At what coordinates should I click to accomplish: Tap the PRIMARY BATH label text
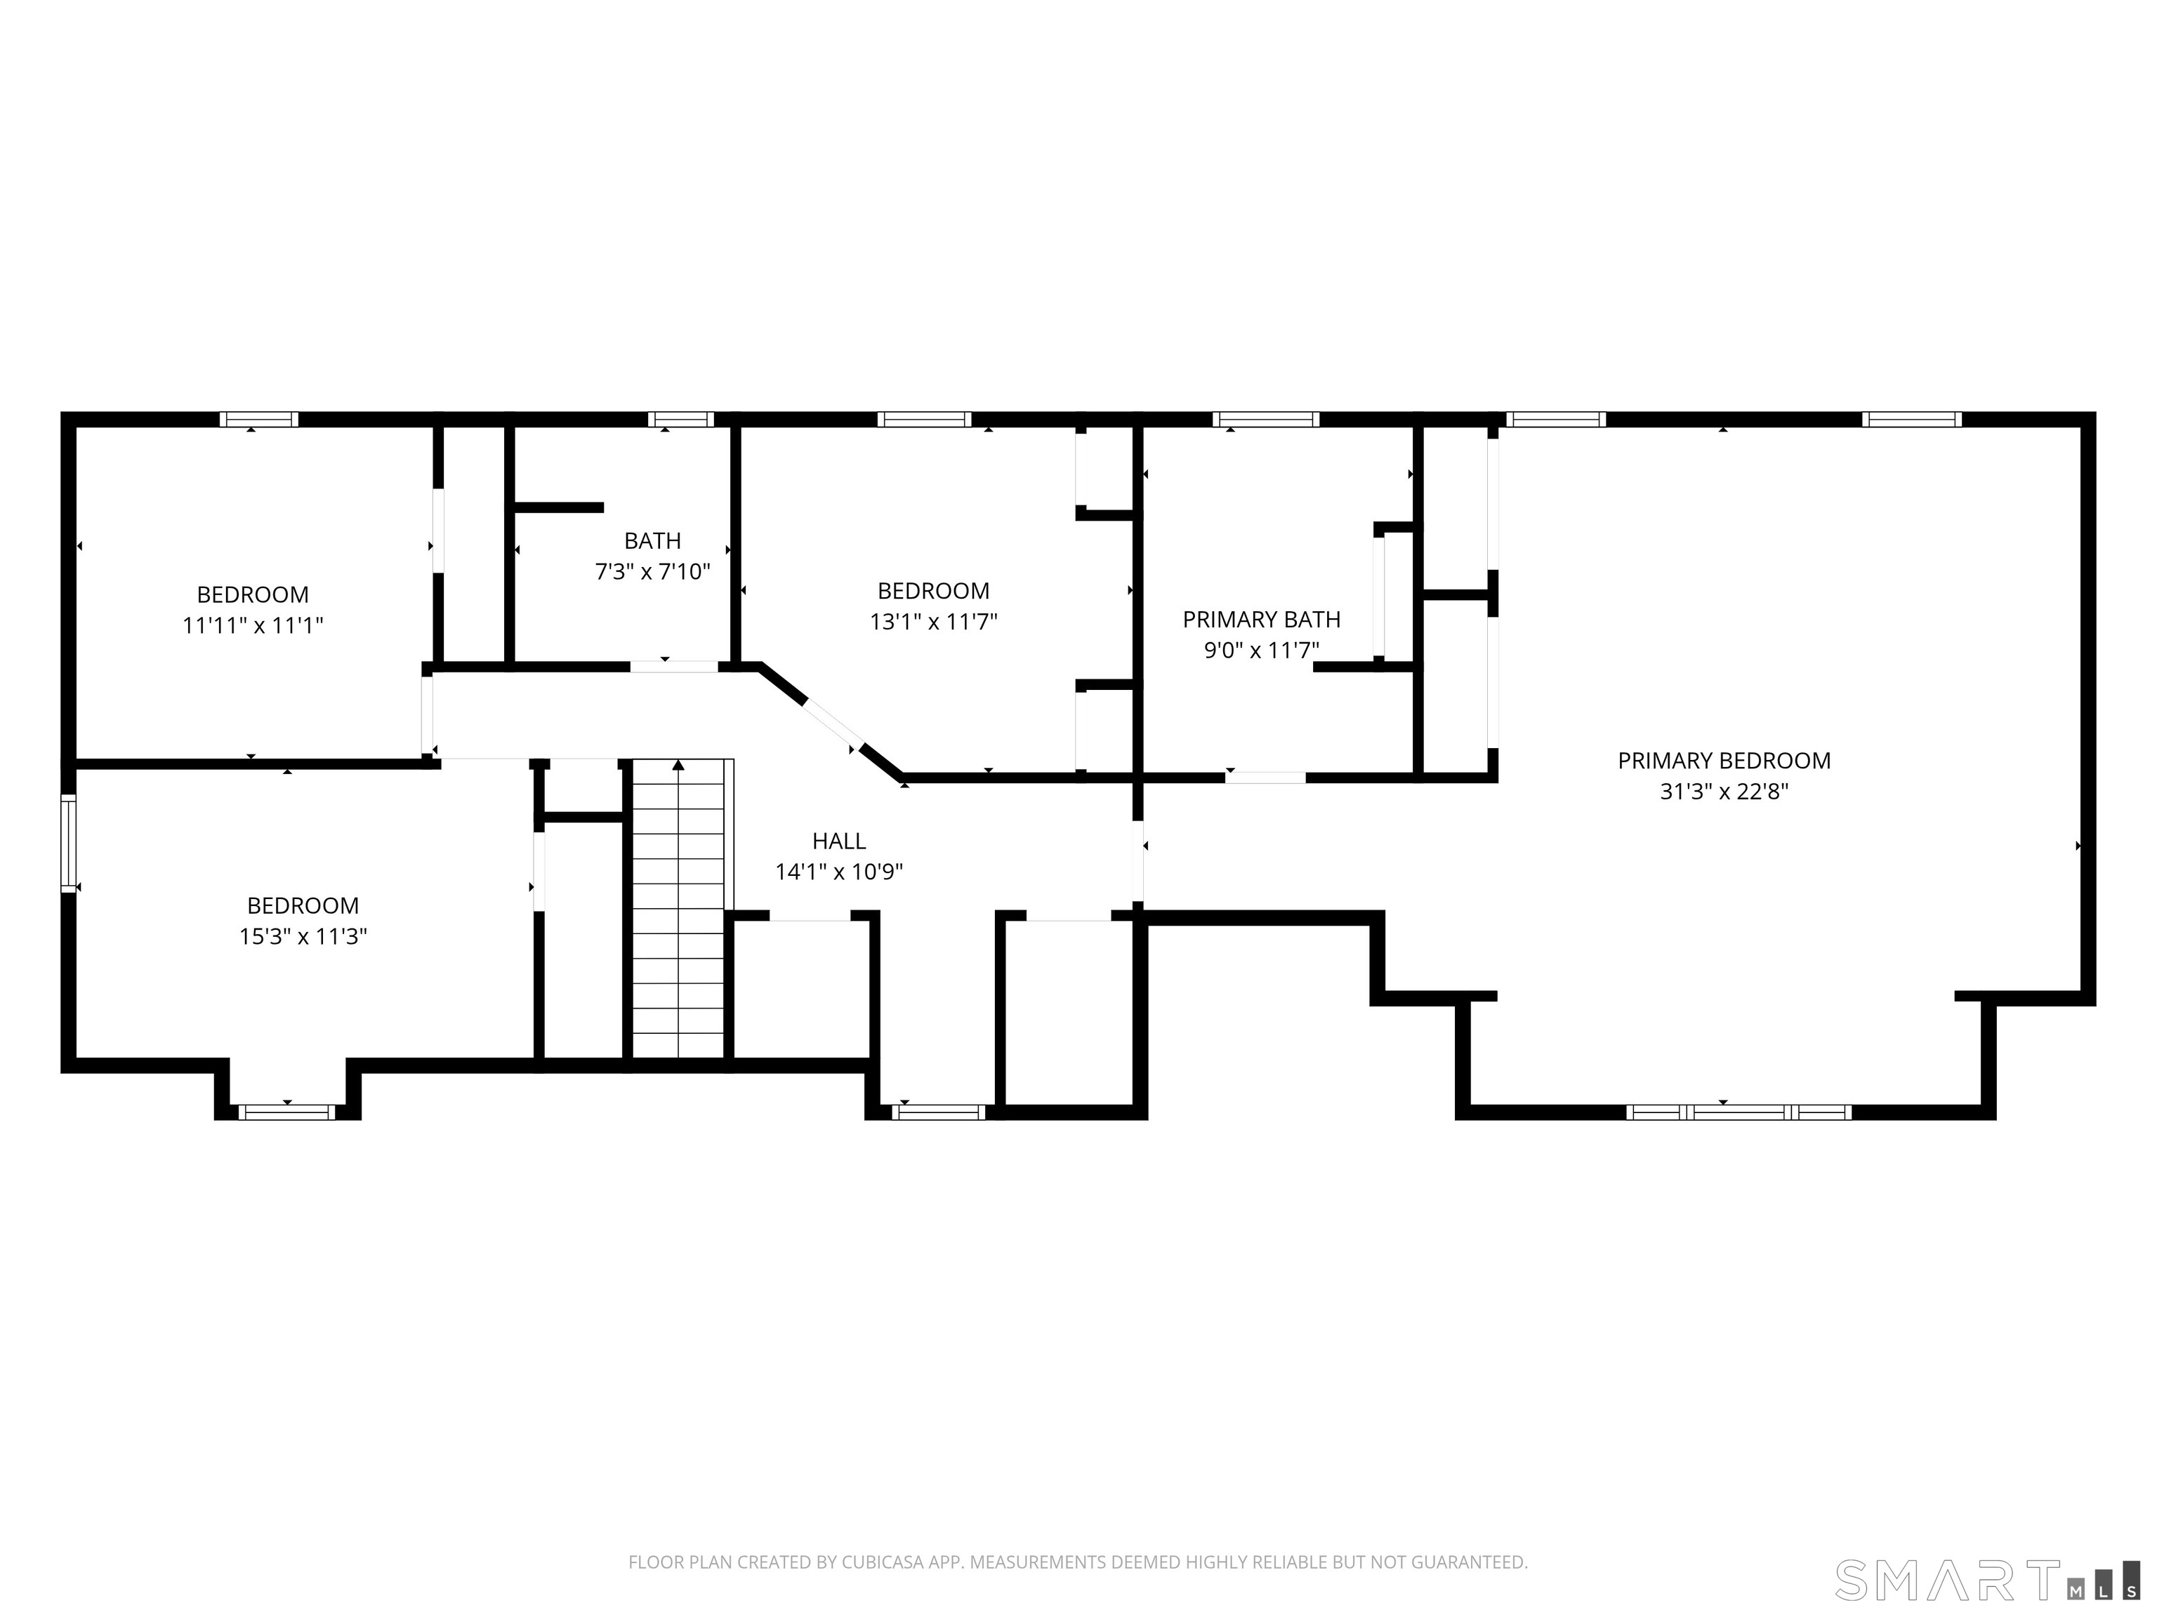click(x=1261, y=620)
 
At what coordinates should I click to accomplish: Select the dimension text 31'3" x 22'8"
click(x=1723, y=792)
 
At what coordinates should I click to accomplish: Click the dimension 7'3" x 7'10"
click(x=652, y=572)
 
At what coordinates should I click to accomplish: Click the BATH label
click(x=652, y=541)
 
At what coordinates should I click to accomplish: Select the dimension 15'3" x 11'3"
click(x=303, y=937)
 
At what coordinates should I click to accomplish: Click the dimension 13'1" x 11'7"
click(x=933, y=622)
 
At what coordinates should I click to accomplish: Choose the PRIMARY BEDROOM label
click(x=1723, y=761)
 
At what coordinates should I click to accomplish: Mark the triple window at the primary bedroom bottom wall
click(x=1739, y=1112)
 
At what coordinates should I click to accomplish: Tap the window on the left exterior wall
click(x=68, y=843)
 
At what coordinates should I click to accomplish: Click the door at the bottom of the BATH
click(x=674, y=667)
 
